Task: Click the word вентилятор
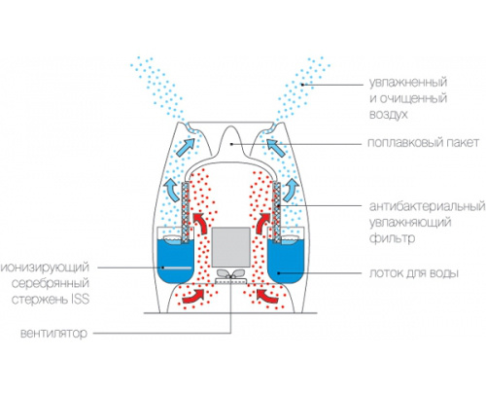click(x=53, y=334)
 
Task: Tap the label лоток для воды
click(x=414, y=273)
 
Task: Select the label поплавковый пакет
click(x=423, y=142)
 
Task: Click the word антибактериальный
click(x=428, y=206)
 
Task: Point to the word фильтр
click(x=393, y=238)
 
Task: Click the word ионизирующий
click(x=45, y=268)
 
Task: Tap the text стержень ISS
click(x=51, y=299)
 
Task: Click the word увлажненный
click(x=408, y=82)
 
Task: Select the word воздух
click(x=389, y=115)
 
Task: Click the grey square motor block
click(x=231, y=247)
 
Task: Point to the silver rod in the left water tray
click(x=178, y=268)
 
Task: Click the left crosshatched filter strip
click(x=186, y=212)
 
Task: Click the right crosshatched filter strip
click(x=277, y=212)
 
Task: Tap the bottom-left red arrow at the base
click(x=193, y=296)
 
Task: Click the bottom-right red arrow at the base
click(x=267, y=296)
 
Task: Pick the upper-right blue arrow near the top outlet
click(x=277, y=147)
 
